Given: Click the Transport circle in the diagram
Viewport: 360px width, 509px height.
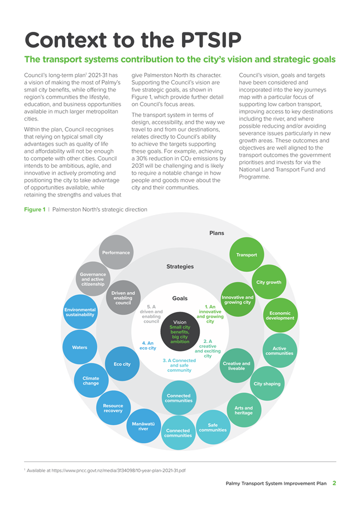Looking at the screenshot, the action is (x=247, y=254).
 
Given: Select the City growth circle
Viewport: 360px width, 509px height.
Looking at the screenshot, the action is (x=269, y=282).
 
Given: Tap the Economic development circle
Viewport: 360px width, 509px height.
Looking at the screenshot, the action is (x=280, y=315).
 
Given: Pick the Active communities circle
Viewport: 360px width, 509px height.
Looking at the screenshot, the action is (x=280, y=350).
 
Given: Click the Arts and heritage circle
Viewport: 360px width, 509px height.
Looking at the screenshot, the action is (x=244, y=410).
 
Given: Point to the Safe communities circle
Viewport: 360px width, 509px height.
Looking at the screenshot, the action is (x=213, y=427).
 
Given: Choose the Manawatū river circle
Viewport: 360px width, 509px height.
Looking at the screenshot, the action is (x=143, y=426).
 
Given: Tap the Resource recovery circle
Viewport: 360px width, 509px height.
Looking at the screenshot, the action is (x=113, y=408).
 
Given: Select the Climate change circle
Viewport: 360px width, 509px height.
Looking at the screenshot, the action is (x=91, y=381).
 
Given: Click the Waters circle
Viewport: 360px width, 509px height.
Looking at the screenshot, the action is (x=80, y=347).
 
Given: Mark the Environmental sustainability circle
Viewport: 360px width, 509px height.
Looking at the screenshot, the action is (x=80, y=312).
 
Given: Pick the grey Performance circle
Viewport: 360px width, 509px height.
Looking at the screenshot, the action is (x=116, y=252).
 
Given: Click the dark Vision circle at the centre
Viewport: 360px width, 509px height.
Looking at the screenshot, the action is (x=180, y=332).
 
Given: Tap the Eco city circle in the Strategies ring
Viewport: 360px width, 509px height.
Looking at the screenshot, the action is (x=122, y=363).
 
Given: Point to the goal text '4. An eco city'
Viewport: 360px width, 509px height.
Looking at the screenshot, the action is (x=148, y=345).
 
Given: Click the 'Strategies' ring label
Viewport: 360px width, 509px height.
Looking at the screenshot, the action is (x=180, y=267).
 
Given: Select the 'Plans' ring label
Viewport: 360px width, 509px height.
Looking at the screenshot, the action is (x=217, y=233).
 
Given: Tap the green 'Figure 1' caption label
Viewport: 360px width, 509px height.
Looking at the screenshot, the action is (x=35, y=209).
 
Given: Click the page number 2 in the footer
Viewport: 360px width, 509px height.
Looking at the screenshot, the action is (x=334, y=483).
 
